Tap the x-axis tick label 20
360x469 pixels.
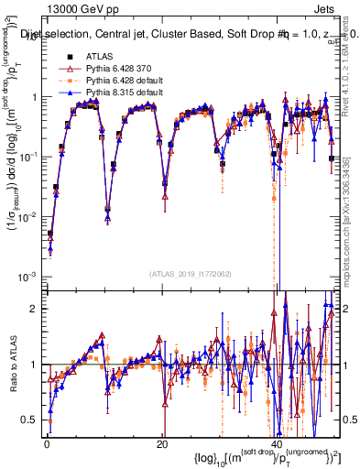click(x=161, y=444)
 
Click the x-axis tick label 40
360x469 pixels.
click(x=276, y=444)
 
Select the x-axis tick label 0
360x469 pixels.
click(x=47, y=444)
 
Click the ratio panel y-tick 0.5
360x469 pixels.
click(x=30, y=420)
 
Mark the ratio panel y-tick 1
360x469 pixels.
click(x=35, y=365)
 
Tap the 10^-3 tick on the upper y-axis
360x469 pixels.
click(x=27, y=277)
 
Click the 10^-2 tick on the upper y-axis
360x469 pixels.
click(x=27, y=217)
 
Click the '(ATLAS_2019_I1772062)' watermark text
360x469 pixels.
click(x=191, y=273)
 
